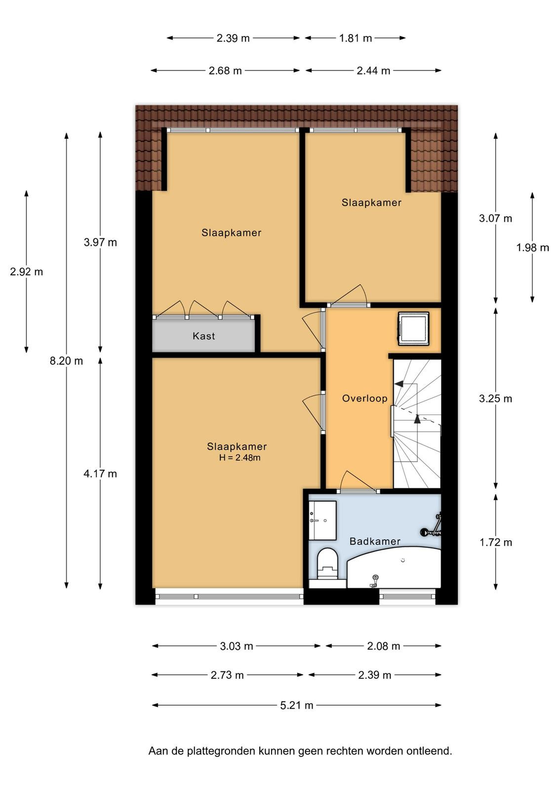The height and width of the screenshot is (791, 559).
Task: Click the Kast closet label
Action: coord(203,336)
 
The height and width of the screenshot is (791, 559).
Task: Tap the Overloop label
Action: coord(364,398)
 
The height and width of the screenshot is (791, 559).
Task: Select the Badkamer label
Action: coord(375,541)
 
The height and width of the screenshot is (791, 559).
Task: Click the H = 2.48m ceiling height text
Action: coord(240,458)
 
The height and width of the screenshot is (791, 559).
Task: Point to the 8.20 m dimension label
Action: coord(66,361)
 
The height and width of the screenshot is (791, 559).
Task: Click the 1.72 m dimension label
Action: coord(495,542)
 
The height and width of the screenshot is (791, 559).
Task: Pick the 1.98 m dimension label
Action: coord(532,248)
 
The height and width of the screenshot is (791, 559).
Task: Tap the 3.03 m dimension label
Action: coord(237,646)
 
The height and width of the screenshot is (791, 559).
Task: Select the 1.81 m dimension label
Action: coord(356,38)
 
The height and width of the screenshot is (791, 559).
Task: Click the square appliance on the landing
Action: coord(414,328)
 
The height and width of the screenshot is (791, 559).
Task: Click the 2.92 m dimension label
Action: coord(27,271)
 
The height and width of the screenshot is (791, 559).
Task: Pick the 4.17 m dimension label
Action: coord(100,474)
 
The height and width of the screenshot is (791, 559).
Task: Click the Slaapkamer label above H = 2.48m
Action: coord(237,446)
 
